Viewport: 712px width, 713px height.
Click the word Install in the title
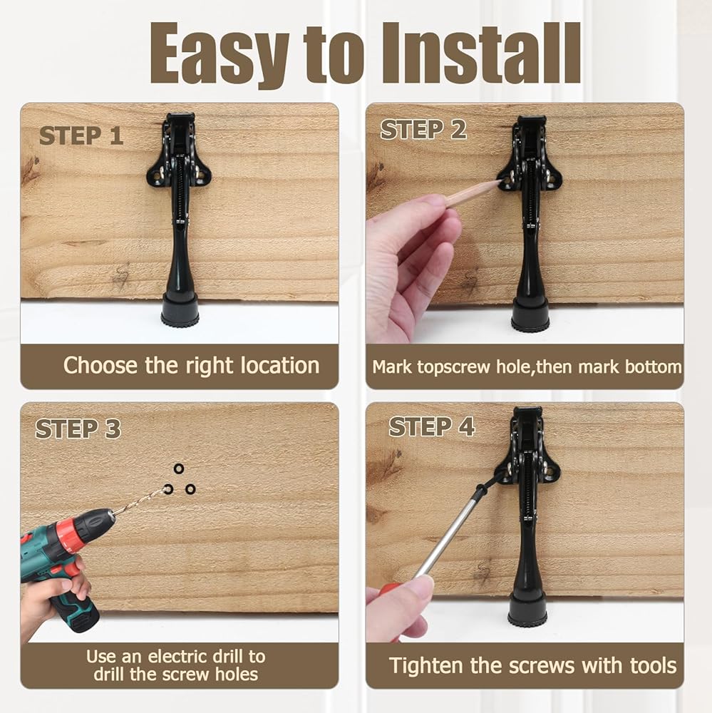(481, 53)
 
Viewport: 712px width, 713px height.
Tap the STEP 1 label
(81, 135)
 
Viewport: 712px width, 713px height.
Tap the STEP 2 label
(424, 130)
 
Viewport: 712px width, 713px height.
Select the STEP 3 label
(78, 429)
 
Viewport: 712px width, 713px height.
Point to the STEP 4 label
(432, 427)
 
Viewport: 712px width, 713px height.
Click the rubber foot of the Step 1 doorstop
(180, 312)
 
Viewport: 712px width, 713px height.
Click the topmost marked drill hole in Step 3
(179, 468)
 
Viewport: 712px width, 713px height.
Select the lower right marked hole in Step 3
(190, 489)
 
